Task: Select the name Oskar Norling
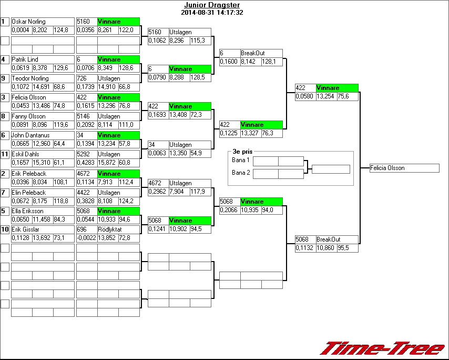tap(29, 22)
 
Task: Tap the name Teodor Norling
tap(30, 78)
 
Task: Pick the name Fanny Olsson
tap(29, 116)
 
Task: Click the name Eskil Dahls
tap(26, 154)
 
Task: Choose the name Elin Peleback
tap(29, 193)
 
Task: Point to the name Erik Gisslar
tap(26, 229)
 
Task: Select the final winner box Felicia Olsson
tap(404, 168)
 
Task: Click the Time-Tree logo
tap(382, 348)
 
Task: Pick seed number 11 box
tap(5, 154)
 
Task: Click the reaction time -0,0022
tap(86, 238)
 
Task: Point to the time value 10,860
tap(325, 247)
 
